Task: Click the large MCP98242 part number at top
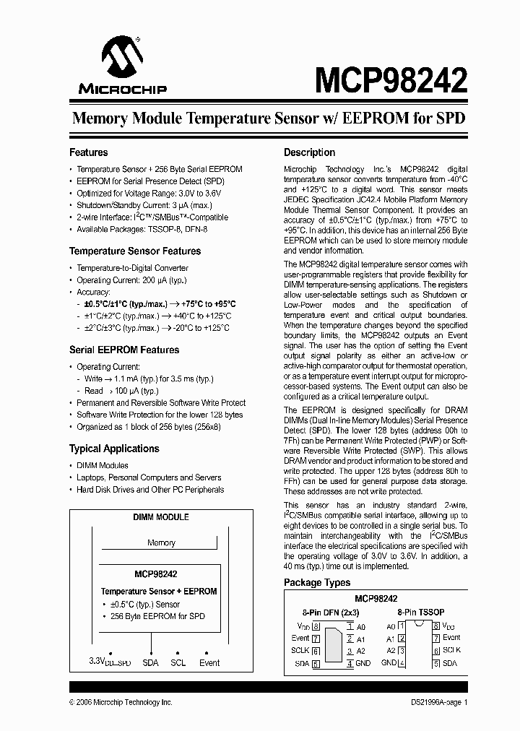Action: click(x=390, y=77)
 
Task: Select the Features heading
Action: click(x=88, y=152)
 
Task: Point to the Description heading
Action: click(x=309, y=152)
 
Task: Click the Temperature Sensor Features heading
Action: click(x=135, y=251)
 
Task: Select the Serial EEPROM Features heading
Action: click(x=124, y=350)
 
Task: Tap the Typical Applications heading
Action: click(x=114, y=449)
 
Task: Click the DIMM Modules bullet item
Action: click(x=103, y=466)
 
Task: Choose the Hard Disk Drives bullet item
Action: click(x=150, y=490)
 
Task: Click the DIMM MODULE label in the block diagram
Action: click(x=161, y=517)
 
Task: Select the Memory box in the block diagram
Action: click(x=161, y=542)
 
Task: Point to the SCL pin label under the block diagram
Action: click(x=178, y=662)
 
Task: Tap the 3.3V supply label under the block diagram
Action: click(x=110, y=663)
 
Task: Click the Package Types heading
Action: click(x=317, y=582)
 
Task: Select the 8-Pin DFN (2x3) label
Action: click(x=323, y=612)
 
